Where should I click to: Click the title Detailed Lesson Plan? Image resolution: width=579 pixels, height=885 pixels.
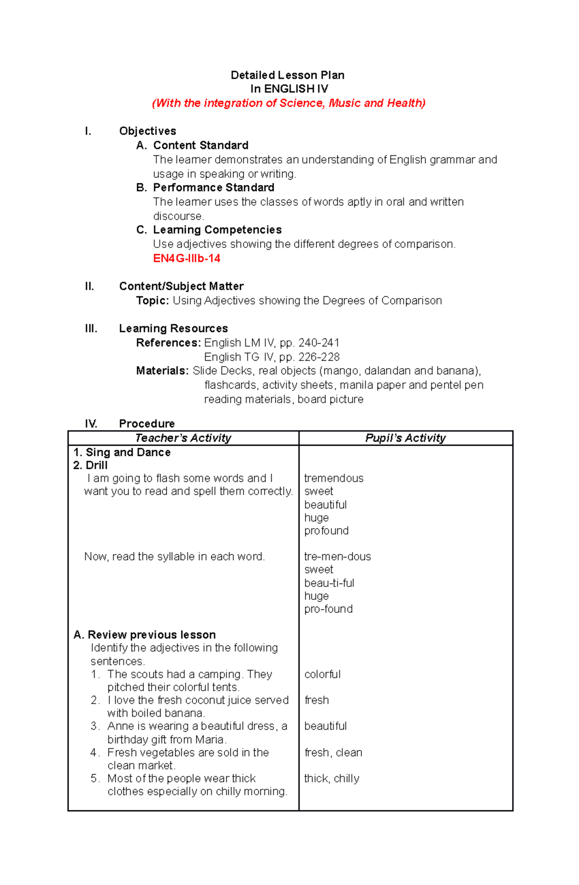288,75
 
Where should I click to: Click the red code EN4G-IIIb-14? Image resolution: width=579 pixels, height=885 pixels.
186,259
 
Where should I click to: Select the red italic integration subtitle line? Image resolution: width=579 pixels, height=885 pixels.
289,103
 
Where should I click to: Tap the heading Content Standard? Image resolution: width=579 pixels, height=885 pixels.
201,146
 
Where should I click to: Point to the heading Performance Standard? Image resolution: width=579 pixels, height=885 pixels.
213,188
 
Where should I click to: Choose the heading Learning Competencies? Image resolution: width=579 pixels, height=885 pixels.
217,230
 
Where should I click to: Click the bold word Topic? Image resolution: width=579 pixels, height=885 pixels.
152,301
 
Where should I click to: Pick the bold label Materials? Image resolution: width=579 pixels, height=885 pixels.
163,371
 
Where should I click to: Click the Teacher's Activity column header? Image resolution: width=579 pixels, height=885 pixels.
183,438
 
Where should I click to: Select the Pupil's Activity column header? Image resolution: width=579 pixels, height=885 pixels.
405,438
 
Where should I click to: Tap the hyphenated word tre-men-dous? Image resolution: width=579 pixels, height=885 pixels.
337,557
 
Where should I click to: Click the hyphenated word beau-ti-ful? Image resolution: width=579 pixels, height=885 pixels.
329,583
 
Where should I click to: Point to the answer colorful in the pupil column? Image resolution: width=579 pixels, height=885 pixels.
322,674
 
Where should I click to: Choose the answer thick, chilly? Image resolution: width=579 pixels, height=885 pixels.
331,778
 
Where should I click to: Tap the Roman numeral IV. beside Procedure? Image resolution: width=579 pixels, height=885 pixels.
91,424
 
